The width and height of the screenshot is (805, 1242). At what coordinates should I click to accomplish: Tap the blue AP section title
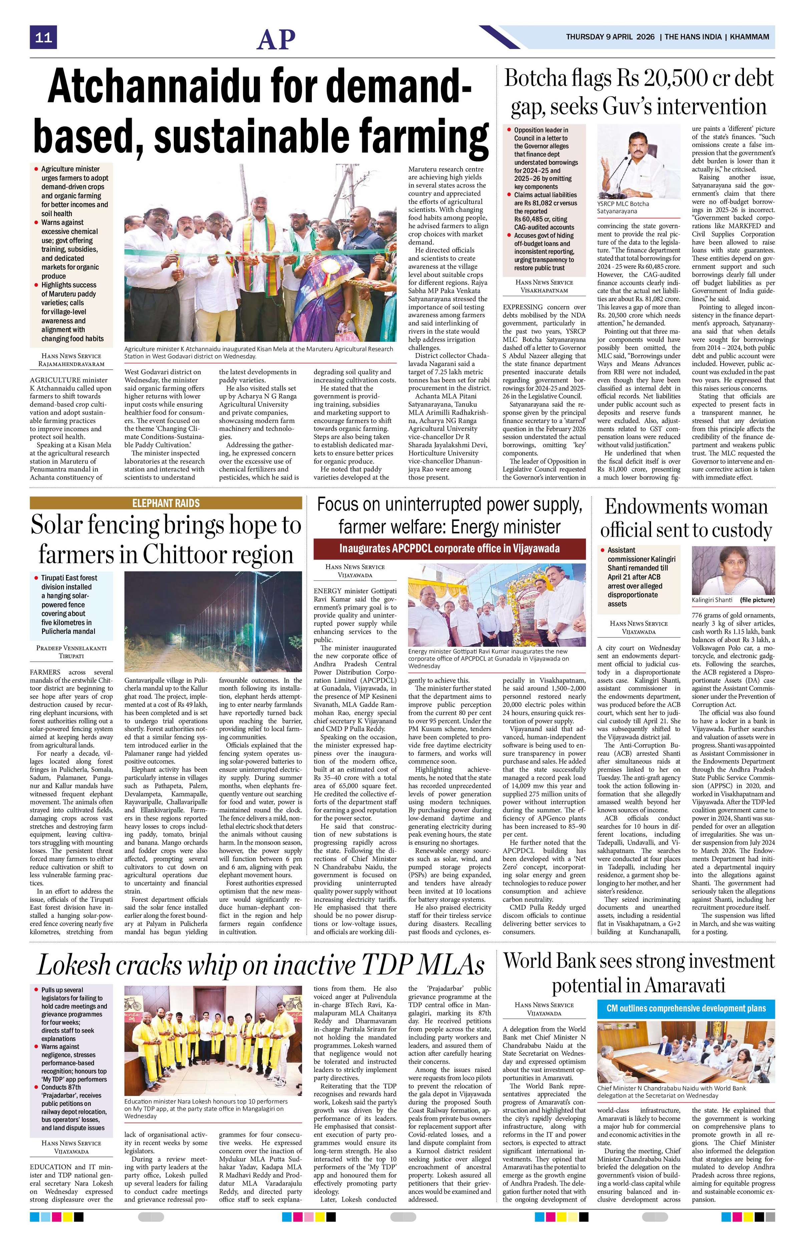(x=276, y=39)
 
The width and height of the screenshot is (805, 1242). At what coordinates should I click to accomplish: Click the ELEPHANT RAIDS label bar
(x=166, y=503)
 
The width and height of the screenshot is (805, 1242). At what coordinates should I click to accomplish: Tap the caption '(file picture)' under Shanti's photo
(x=757, y=600)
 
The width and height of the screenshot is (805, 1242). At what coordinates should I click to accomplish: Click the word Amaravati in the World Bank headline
(x=685, y=985)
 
